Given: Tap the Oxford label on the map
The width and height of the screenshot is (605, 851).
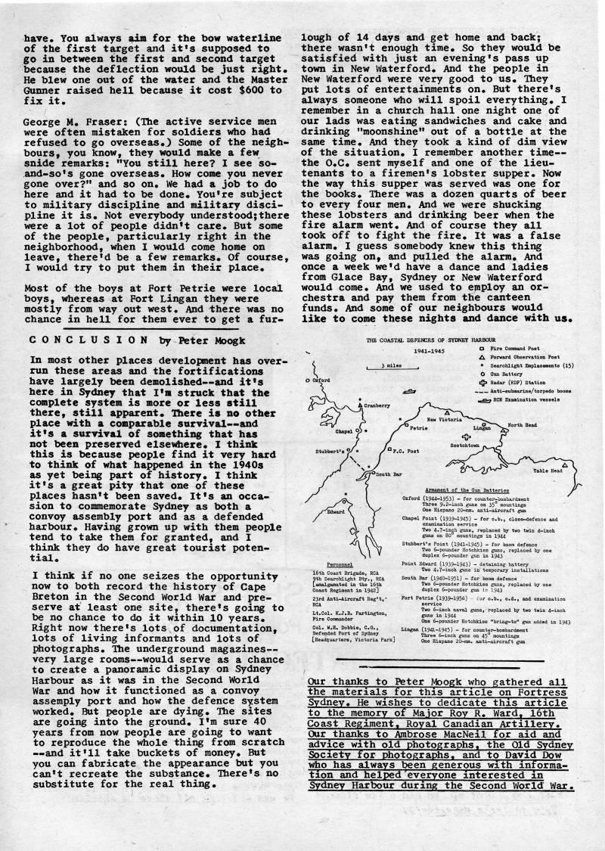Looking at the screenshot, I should [x=324, y=382].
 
